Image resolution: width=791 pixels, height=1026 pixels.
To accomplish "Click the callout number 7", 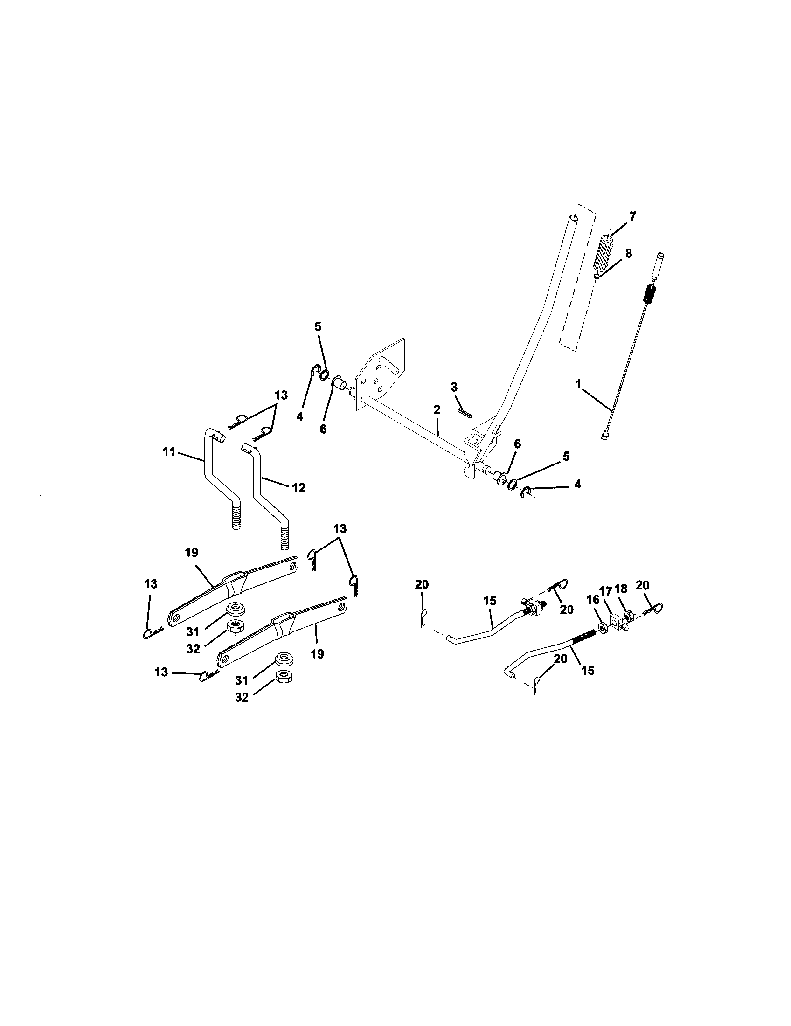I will click(633, 216).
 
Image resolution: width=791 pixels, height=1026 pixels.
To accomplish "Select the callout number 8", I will click(628, 253).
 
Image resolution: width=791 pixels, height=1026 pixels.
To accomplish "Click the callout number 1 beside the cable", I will click(579, 384).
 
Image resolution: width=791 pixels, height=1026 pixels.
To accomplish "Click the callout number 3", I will click(454, 387).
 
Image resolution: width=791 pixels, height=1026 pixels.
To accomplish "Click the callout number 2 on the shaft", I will click(437, 409).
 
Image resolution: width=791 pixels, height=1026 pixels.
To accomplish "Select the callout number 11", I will click(169, 452).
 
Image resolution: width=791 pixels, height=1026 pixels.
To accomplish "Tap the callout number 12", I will click(298, 488).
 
